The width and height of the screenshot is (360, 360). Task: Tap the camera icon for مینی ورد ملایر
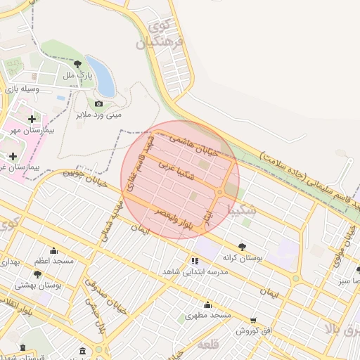point(98,103)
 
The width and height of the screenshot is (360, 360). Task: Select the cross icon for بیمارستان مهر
point(32,119)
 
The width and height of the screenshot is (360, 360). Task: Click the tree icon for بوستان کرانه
point(242,247)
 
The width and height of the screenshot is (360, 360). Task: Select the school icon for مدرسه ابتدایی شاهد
point(194,261)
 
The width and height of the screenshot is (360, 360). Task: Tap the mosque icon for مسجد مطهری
point(207,304)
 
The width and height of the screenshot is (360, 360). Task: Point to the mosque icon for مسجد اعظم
point(53,250)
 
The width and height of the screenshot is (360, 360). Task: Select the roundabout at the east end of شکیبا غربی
point(221,191)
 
